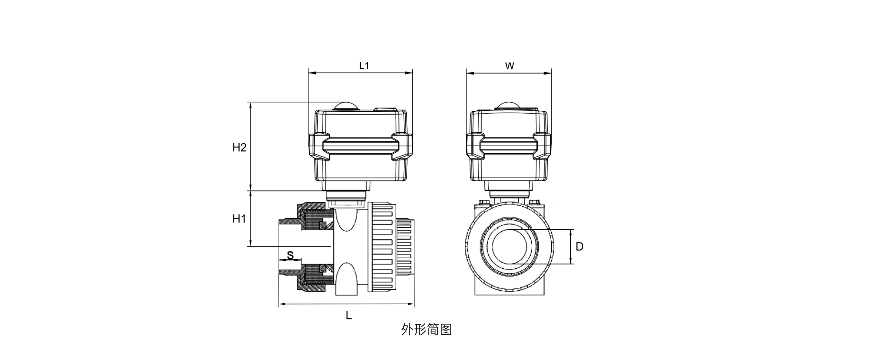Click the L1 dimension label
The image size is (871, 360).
364,66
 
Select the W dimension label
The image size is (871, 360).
510,66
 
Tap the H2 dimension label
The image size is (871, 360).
239,148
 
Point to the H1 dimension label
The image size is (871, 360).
239,219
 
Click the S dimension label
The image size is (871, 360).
290,255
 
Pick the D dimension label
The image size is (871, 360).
579,247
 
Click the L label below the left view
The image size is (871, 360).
349,315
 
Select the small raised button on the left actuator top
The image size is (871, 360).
386,109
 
